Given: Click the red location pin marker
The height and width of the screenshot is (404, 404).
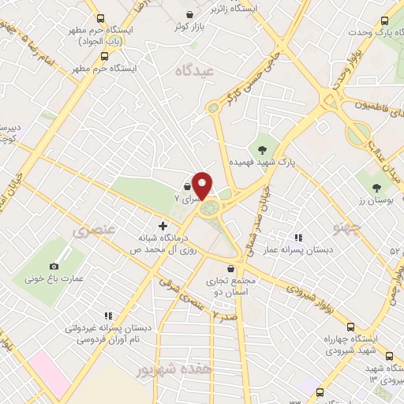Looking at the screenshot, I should tap(203, 185).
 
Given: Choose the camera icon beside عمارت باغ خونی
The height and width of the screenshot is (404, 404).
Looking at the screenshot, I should tap(54, 267).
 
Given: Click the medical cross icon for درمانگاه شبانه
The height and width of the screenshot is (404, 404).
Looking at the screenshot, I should tap(163, 227).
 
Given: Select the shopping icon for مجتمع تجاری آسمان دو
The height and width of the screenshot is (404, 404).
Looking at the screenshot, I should tap(230, 268).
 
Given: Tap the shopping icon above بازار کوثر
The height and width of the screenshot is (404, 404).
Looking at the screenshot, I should tap(190, 15).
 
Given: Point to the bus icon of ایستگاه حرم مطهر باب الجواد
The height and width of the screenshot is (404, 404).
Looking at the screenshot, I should tap(99, 17).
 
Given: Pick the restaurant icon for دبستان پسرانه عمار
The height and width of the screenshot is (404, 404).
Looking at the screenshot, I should tap(297, 237).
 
